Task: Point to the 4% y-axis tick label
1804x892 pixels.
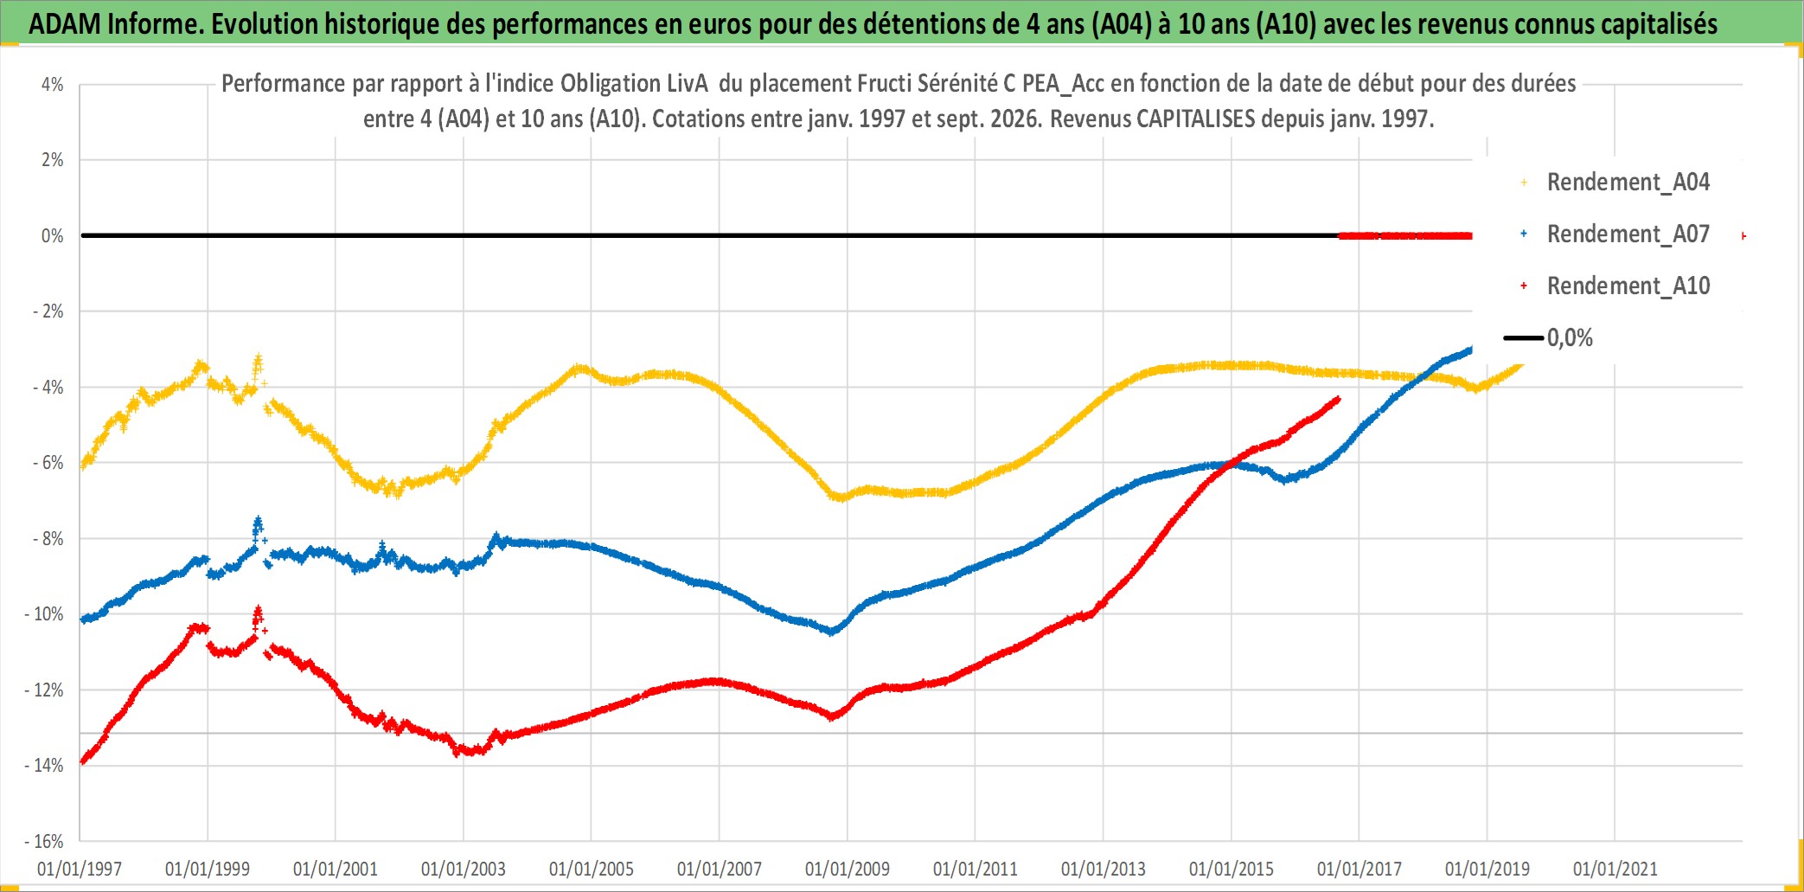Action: click(52, 85)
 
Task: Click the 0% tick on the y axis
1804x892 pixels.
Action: click(52, 236)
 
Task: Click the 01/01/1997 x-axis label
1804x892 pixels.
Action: click(80, 869)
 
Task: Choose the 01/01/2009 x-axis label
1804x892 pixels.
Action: click(848, 869)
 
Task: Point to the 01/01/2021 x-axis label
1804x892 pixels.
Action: click(1615, 869)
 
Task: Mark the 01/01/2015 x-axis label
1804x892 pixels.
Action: click(1231, 869)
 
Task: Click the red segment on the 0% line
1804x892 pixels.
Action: click(1405, 235)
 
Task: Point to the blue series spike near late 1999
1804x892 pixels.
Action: click(258, 525)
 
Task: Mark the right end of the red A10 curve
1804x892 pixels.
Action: click(1339, 399)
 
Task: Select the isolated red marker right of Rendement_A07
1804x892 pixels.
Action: click(1743, 235)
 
